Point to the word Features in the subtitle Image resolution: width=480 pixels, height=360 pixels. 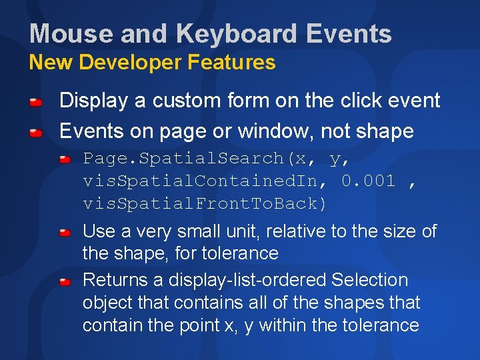pyautogui.click(x=231, y=63)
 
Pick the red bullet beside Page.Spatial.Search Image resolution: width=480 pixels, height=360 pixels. pyautogui.click(x=65, y=160)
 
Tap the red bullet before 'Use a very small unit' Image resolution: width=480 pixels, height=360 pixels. pyautogui.click(x=65, y=233)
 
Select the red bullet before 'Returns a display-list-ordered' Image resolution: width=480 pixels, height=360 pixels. pyautogui.click(x=65, y=282)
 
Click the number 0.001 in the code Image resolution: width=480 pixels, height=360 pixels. pyautogui.click(x=369, y=181)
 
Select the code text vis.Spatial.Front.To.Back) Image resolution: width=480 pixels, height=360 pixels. pyautogui.click(x=205, y=203)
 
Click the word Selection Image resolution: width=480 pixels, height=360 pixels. pyautogui.click(x=369, y=280)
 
